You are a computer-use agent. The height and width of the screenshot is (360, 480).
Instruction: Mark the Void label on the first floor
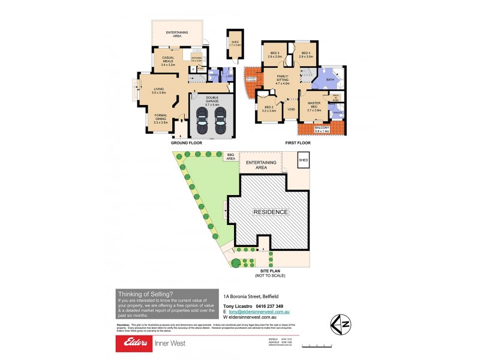291,110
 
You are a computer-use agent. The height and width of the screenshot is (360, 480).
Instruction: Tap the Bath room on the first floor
330,79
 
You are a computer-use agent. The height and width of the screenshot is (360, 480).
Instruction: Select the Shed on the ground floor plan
233,40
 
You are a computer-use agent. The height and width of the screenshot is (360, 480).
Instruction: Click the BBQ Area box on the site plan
230,157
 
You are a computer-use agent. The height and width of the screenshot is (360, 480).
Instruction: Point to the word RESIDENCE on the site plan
270,212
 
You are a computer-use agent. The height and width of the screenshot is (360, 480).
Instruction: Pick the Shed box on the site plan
304,161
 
